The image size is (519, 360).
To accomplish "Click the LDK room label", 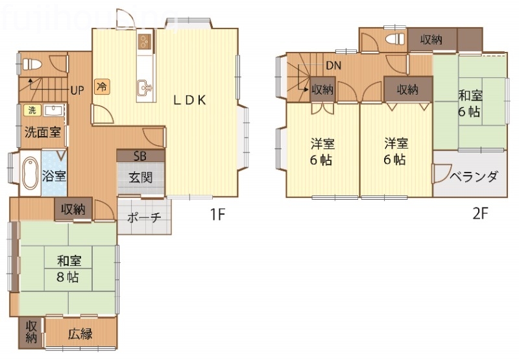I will [x=189, y=100].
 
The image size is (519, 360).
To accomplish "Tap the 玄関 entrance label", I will [x=140, y=176].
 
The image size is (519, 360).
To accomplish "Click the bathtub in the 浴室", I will [x=29, y=173].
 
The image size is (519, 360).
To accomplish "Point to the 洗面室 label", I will [x=43, y=133].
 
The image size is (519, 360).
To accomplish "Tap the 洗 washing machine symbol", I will [x=30, y=110].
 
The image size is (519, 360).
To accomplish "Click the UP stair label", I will [x=77, y=90].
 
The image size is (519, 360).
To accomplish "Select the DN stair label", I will [x=333, y=66].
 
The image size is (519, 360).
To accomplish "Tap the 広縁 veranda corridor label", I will [x=80, y=335].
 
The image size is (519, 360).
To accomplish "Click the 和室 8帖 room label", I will [x=68, y=269].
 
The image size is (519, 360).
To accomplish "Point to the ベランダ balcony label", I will [x=474, y=176].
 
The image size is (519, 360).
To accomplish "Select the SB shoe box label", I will [x=140, y=156].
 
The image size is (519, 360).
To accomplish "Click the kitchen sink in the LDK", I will [x=143, y=86].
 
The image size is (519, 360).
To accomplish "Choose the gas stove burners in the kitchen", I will [x=143, y=42].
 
